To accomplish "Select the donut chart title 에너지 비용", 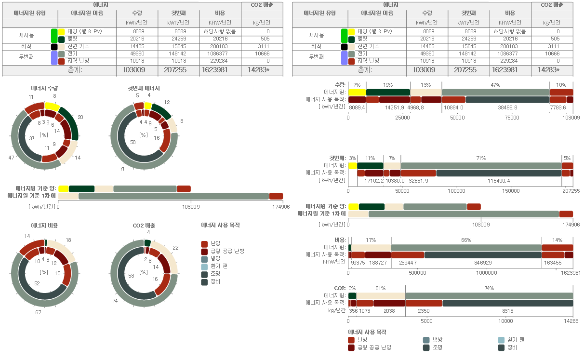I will pos(44,225).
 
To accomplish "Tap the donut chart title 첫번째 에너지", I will pos(144,88).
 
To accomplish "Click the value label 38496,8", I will pos(507,107).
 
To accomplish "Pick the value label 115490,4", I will pos(499,181).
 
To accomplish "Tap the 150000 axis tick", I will pos(511,191).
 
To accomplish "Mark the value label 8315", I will pos(507,311).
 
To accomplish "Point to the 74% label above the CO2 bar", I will pos(489,288).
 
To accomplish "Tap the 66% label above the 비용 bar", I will pos(466,240).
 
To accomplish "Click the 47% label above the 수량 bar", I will pos(495,85).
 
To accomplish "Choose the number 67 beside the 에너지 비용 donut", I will pos(38,312).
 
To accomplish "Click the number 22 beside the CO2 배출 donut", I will pos(175,248).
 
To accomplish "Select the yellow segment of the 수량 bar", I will pos(357,92).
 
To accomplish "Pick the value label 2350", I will pos(424,311).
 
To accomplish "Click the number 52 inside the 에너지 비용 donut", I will pos(37,284).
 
